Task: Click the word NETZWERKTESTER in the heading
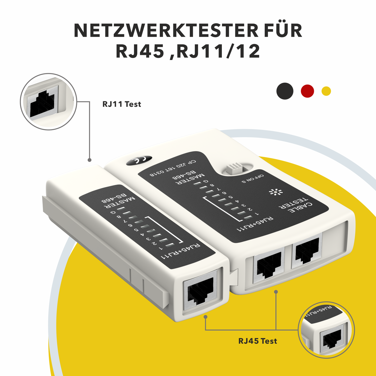click(x=166, y=31)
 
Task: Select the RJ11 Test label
click(x=122, y=104)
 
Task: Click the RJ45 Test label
click(x=257, y=341)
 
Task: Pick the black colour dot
click(x=285, y=91)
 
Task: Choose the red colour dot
click(x=307, y=91)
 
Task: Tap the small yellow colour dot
click(x=326, y=91)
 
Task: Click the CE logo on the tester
click(x=139, y=160)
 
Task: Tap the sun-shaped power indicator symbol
click(x=275, y=192)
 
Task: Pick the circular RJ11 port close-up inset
click(x=48, y=102)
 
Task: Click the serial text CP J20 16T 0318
click(x=173, y=168)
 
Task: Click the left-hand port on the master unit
click(x=269, y=264)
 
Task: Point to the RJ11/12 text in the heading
click(x=218, y=51)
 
